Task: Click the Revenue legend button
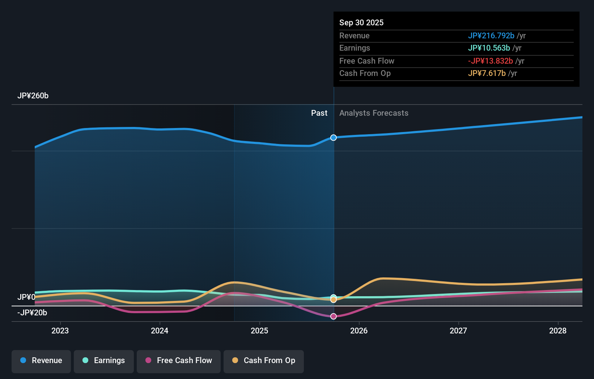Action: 41,361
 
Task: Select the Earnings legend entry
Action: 104,361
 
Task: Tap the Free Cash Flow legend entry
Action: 179,361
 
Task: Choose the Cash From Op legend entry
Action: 264,361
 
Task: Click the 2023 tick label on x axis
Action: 60,331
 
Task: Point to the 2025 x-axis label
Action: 259,331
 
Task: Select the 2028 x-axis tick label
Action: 558,331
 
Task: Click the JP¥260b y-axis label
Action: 33,96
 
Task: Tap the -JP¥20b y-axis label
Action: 32,313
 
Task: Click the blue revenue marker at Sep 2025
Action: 334,138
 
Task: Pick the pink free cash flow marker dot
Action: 334,316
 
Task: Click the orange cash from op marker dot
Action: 334,300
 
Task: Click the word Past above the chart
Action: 319,113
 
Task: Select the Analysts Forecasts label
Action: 374,113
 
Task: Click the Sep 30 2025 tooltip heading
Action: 361,23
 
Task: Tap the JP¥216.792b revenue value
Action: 491,36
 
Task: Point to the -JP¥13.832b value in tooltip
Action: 490,61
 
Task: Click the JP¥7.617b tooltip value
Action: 487,73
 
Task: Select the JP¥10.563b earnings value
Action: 489,48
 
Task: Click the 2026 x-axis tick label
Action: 359,331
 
